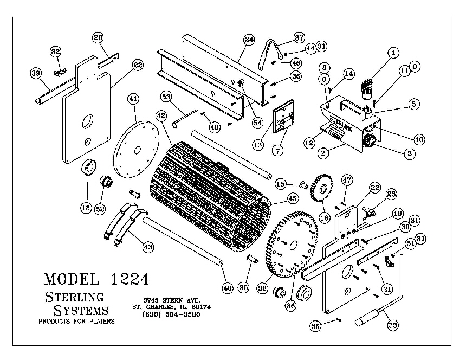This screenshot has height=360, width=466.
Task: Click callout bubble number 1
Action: click(393, 53)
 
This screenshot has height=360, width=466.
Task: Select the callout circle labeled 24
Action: click(249, 40)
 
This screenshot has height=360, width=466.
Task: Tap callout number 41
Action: click(133, 99)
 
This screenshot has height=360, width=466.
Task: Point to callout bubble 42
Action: click(160, 115)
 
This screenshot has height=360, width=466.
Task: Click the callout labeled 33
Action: click(392, 325)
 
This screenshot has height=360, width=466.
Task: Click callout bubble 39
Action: click(36, 74)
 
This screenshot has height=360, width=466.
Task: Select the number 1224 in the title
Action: click(130, 279)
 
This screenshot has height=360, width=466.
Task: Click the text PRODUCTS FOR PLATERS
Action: click(76, 322)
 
